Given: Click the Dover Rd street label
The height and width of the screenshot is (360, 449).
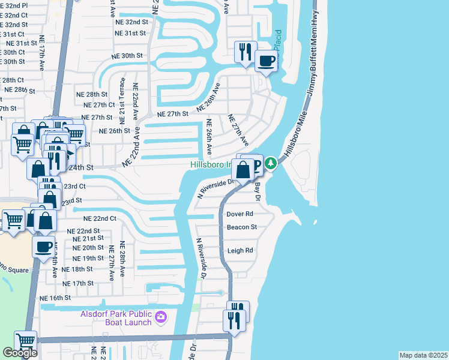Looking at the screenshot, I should point(240,214).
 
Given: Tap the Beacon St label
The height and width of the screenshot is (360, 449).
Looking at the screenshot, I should point(241,227).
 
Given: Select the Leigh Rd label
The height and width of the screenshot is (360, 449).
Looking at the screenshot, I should point(240,251).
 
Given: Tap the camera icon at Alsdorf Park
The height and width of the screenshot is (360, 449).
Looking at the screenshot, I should point(161,316).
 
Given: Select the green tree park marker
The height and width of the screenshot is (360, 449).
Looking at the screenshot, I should point(271,163).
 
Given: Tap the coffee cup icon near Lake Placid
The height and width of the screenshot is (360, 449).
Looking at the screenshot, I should point(266,60).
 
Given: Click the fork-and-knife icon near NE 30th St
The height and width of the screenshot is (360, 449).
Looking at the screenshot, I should point(245,52).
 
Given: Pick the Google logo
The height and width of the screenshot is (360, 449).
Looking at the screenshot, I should point(20,353).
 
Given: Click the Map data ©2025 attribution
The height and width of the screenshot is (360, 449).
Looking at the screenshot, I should point(423,355).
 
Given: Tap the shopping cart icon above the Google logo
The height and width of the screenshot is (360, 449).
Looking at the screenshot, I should point(25,341).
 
